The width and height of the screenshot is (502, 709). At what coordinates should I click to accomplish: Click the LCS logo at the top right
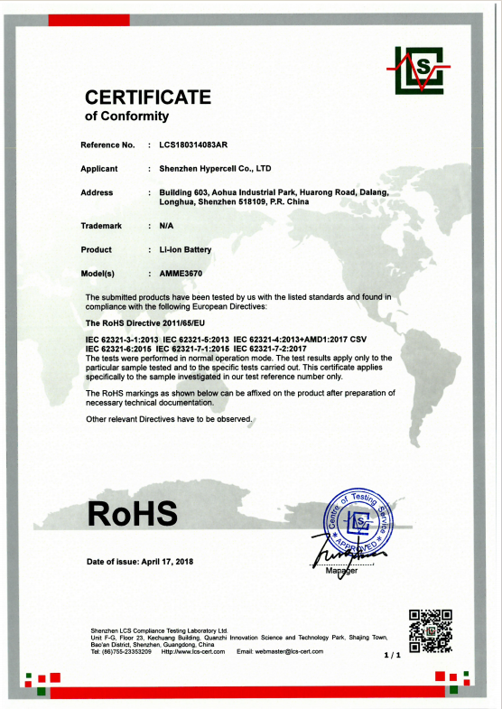coord(417,69)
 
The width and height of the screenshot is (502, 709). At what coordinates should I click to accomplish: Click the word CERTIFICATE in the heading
coord(148,97)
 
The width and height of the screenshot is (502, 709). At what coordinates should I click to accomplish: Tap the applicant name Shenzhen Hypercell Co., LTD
coord(215,169)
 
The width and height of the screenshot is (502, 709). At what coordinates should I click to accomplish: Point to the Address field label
coord(97,192)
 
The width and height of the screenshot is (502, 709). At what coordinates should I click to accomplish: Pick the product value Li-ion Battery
coord(185,249)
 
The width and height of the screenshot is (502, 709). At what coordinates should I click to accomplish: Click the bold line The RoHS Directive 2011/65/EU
coord(145,322)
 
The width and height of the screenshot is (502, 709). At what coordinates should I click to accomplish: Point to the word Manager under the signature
coord(342,572)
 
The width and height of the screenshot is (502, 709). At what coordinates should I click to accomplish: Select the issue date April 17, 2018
coord(168,562)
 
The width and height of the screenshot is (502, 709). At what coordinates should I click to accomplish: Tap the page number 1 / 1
coord(392,654)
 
